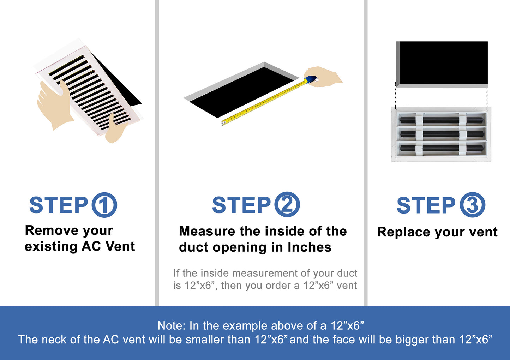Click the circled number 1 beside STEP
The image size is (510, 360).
pyautogui.click(x=104, y=205)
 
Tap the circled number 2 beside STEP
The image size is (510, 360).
pyautogui.click(x=287, y=204)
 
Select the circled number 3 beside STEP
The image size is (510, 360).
pyautogui.click(x=472, y=205)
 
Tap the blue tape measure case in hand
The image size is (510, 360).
pyautogui.click(x=311, y=80)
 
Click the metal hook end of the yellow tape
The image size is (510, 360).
pyautogui.click(x=223, y=123)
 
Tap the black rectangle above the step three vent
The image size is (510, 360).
pyautogui.click(x=443, y=62)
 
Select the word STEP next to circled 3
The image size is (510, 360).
pyautogui.click(x=426, y=205)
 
